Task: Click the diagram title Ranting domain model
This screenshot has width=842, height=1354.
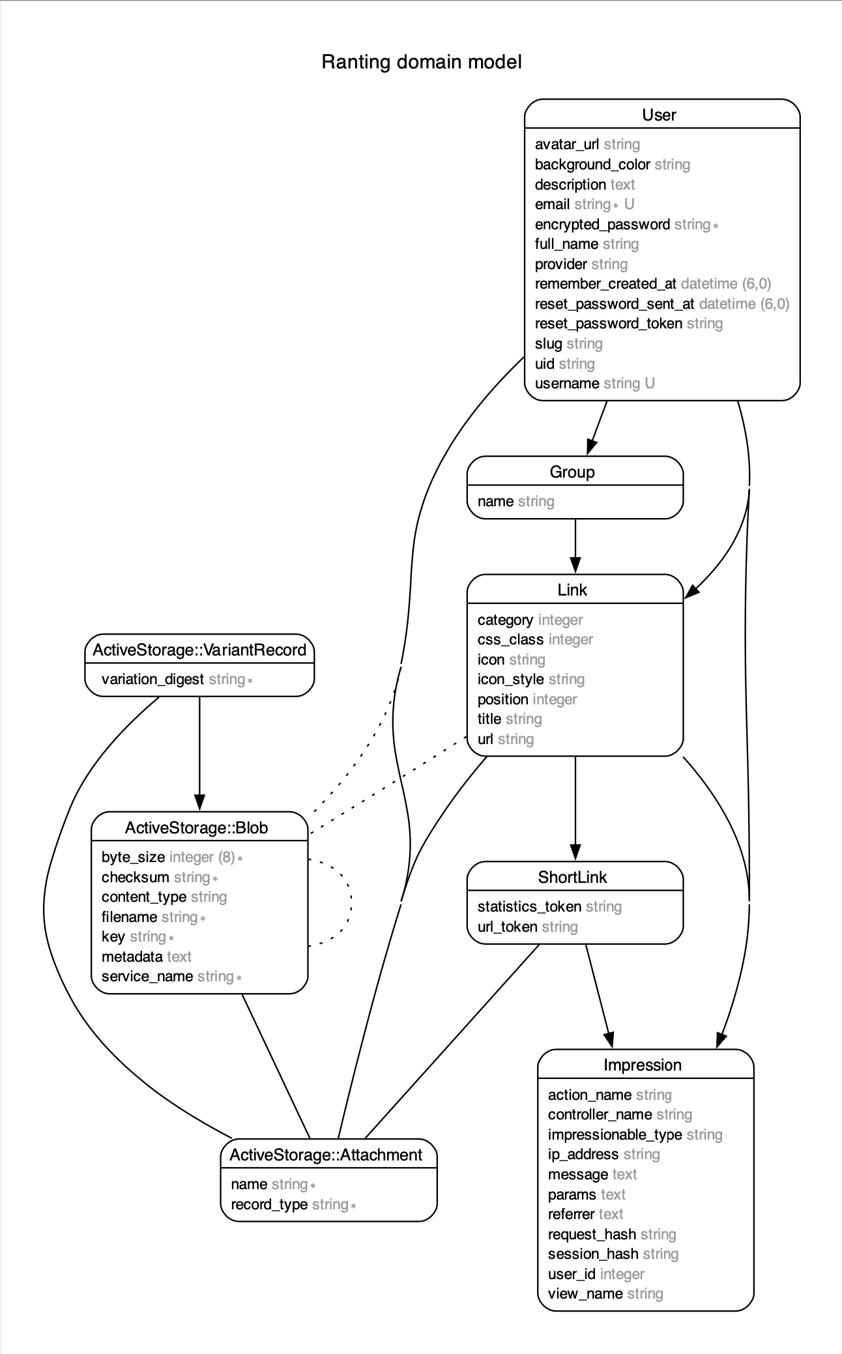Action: click(x=421, y=63)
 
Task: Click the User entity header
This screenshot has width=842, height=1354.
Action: click(x=659, y=115)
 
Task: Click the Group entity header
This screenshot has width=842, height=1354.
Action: click(x=572, y=472)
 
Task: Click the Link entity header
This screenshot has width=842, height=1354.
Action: click(x=572, y=590)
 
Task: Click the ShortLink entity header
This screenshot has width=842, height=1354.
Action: click(x=572, y=878)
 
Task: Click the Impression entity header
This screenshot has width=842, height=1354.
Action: click(x=642, y=1065)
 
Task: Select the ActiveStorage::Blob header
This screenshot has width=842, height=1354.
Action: click(x=196, y=828)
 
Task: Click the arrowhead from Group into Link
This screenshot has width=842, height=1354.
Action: click(x=575, y=566)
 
